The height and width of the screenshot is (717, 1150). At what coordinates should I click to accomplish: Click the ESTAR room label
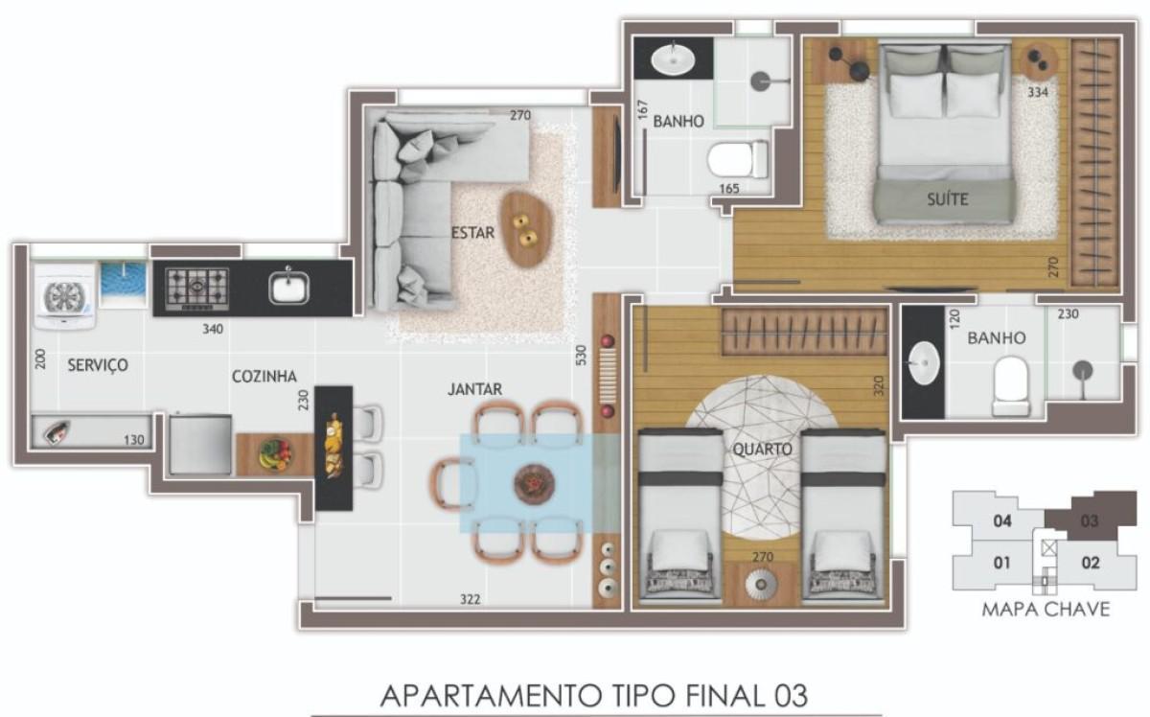click(x=472, y=231)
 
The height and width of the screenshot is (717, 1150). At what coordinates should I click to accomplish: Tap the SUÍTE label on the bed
click(x=947, y=199)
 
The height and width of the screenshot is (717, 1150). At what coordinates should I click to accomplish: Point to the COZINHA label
click(x=264, y=377)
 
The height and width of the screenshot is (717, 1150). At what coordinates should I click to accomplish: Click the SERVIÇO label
click(x=98, y=365)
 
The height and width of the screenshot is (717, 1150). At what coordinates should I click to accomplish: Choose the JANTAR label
click(x=474, y=389)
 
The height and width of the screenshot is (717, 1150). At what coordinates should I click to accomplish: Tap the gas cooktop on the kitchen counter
click(x=198, y=287)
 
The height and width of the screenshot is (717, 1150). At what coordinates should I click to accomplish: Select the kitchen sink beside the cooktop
click(x=288, y=287)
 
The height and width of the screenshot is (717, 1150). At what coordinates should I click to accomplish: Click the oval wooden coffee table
click(x=526, y=229)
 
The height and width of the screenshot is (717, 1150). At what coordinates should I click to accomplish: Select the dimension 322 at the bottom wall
click(x=469, y=600)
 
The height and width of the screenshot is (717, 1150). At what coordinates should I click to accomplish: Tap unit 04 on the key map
click(x=1002, y=521)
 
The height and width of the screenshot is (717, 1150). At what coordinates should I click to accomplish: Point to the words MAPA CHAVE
click(x=1046, y=609)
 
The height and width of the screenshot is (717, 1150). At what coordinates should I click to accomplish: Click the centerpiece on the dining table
click(x=529, y=483)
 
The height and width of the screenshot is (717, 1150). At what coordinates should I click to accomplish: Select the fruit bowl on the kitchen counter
click(x=276, y=452)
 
